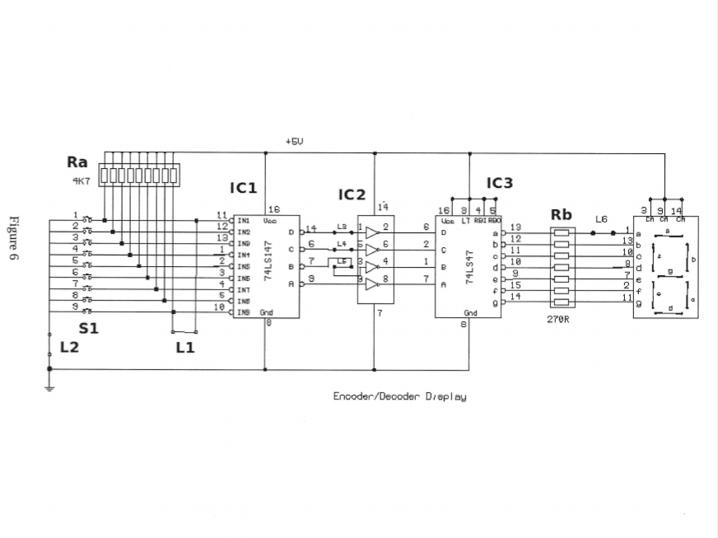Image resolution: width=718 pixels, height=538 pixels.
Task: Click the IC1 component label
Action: coord(243,188)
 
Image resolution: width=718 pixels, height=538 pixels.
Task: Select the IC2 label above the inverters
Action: coord(352,194)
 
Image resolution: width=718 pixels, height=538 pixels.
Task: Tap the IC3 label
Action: coord(499,183)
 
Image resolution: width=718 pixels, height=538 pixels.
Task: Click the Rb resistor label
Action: coord(562,215)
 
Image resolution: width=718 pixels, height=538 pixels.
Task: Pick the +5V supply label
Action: coord(294,142)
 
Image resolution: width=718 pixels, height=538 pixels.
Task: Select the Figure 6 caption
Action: coord(14,239)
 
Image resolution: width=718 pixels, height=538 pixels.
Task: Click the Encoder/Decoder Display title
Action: coord(399,397)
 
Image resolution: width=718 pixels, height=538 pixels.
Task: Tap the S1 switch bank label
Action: coord(88,329)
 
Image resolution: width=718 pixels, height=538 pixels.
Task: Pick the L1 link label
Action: coord(185,347)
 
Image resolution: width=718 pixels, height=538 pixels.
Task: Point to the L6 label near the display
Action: coord(601,219)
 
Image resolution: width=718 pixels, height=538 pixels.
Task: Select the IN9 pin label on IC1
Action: coord(244,312)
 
